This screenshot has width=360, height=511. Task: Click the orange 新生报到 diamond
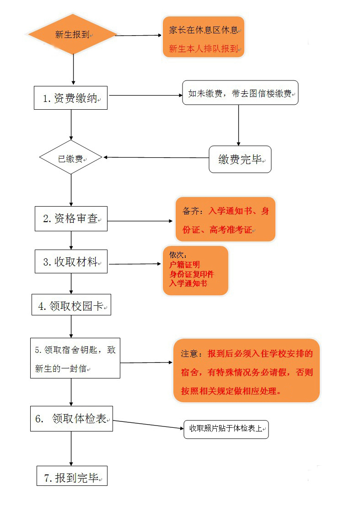coord(72,34)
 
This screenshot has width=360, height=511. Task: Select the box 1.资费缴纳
coord(70,98)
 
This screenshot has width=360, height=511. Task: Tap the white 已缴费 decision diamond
coord(70,158)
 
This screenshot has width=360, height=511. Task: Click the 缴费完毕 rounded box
coord(240,159)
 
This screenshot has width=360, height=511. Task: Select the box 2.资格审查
coord(71,218)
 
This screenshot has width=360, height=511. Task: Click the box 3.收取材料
coord(71,262)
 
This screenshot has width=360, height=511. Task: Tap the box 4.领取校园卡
coord(71,306)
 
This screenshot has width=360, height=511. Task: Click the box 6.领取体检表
coord(71,418)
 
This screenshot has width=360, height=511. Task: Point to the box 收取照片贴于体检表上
coord(226,429)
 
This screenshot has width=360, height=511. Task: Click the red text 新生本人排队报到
coord(204,48)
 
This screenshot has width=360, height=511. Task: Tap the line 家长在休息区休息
coord(204,30)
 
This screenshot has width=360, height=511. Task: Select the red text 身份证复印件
coord(191,274)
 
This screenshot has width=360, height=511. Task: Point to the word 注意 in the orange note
coord(189,354)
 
